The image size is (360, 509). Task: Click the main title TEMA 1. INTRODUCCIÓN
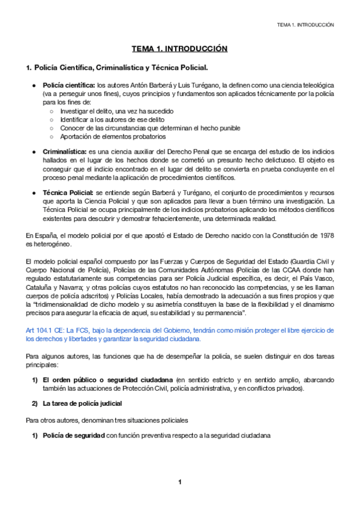coord(180,49)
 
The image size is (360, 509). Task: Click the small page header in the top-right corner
coord(305,25)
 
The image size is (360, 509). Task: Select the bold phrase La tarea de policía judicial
coord(82,403)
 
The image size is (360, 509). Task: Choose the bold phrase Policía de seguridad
coord(74,435)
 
